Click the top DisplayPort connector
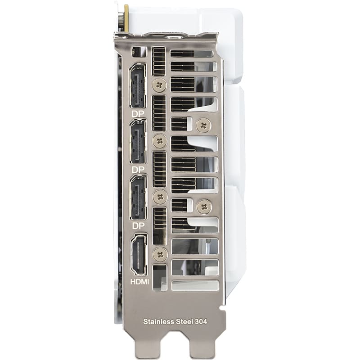click(x=138, y=85)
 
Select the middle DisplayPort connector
click(x=138, y=141)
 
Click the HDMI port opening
click(x=138, y=254)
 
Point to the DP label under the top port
click(x=138, y=114)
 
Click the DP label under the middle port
click(x=138, y=170)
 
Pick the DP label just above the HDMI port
click(x=138, y=225)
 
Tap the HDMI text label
click(x=139, y=282)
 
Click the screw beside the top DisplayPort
click(x=159, y=85)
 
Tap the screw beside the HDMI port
click(x=160, y=254)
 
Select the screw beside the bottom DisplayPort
click(x=159, y=197)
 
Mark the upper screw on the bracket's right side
click(x=204, y=125)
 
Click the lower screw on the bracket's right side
click(x=204, y=206)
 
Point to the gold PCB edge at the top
click(x=126, y=18)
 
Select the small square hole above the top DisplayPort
click(x=139, y=51)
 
